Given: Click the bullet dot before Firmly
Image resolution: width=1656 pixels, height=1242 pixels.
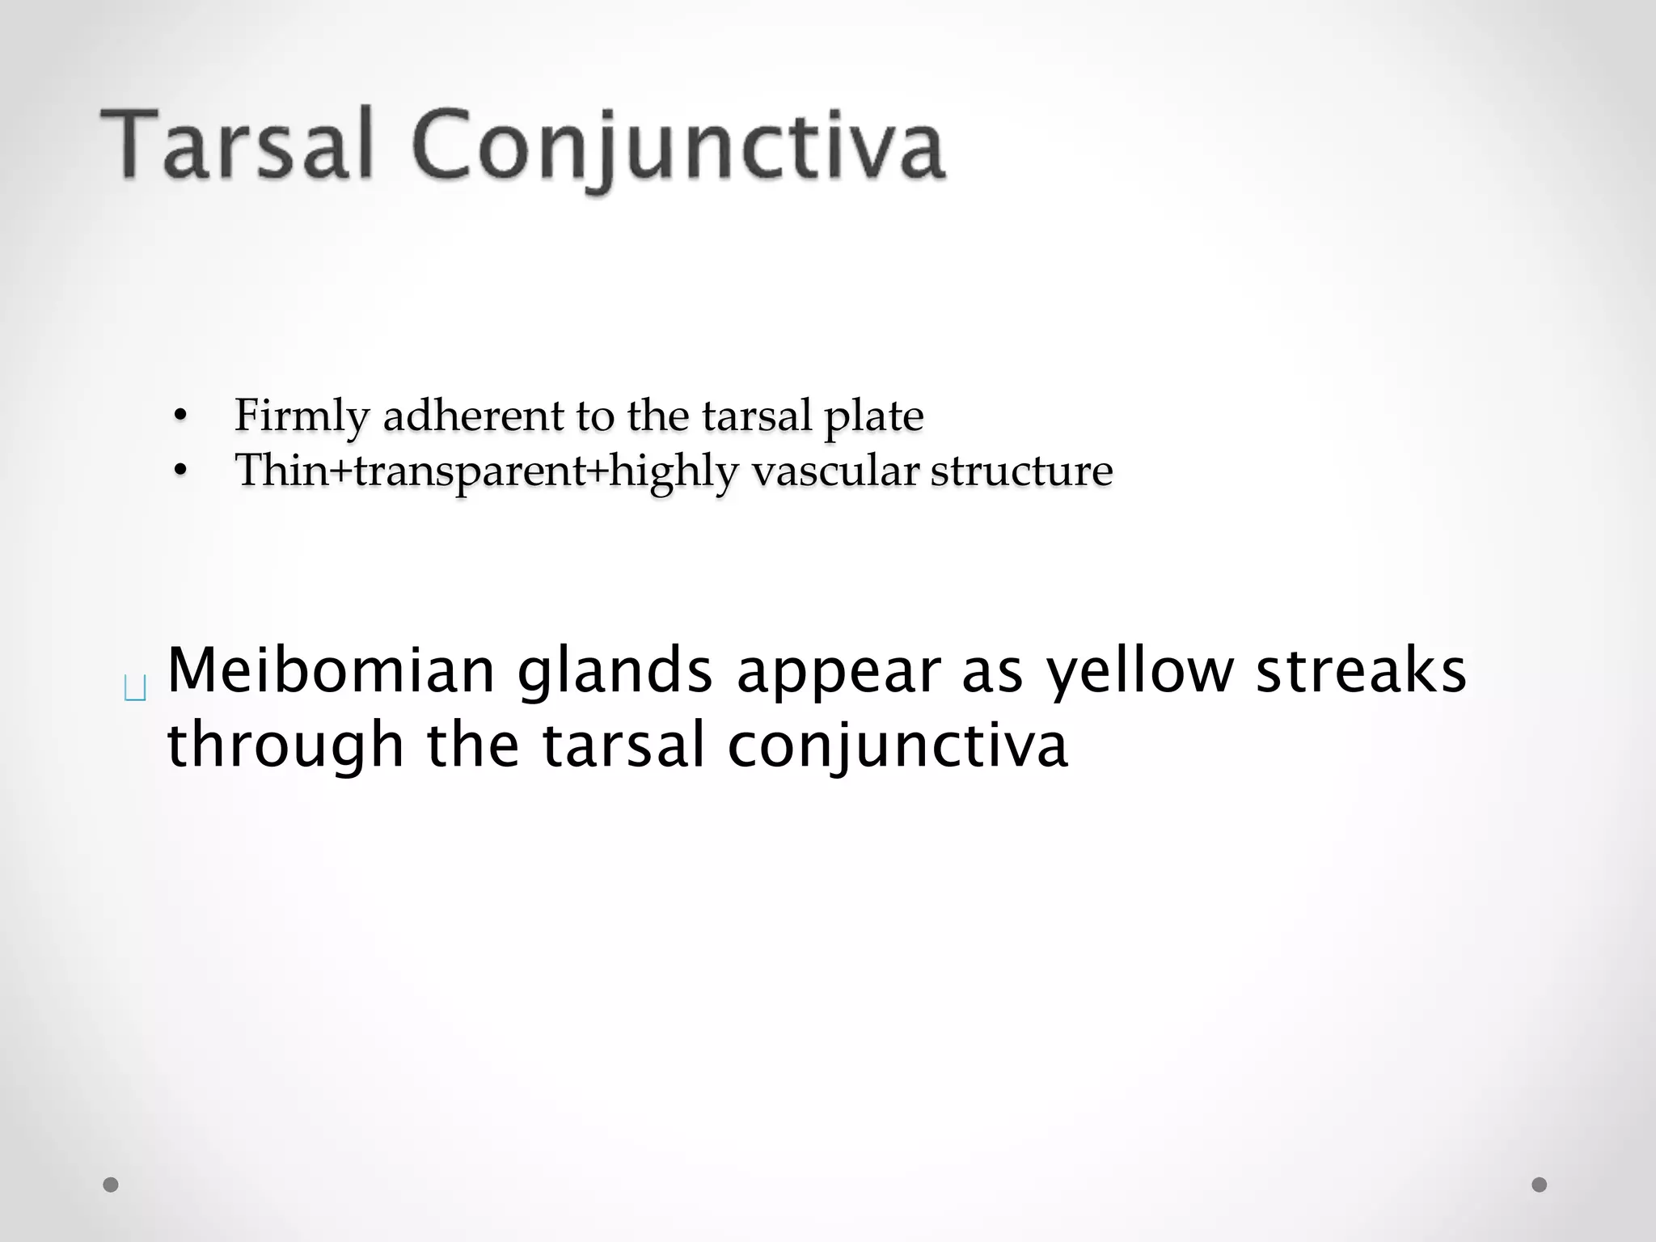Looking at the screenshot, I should (180, 416).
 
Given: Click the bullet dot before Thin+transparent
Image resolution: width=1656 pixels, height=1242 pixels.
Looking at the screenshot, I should (180, 470).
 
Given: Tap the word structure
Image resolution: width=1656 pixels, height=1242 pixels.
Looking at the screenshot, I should (1021, 471).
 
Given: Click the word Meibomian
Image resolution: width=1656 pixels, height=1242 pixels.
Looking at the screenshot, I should (331, 671).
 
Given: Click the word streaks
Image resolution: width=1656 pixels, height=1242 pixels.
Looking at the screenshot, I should (1361, 671).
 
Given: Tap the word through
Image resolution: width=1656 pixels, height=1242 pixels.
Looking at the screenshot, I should (285, 746).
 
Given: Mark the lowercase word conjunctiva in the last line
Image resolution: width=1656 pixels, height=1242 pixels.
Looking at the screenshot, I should (898, 746).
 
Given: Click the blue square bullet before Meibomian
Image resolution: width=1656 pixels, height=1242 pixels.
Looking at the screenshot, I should (136, 690).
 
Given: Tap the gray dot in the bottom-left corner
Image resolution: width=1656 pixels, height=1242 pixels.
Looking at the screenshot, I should (112, 1185).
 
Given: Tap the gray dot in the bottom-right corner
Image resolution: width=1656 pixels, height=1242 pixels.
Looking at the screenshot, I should (1540, 1185).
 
